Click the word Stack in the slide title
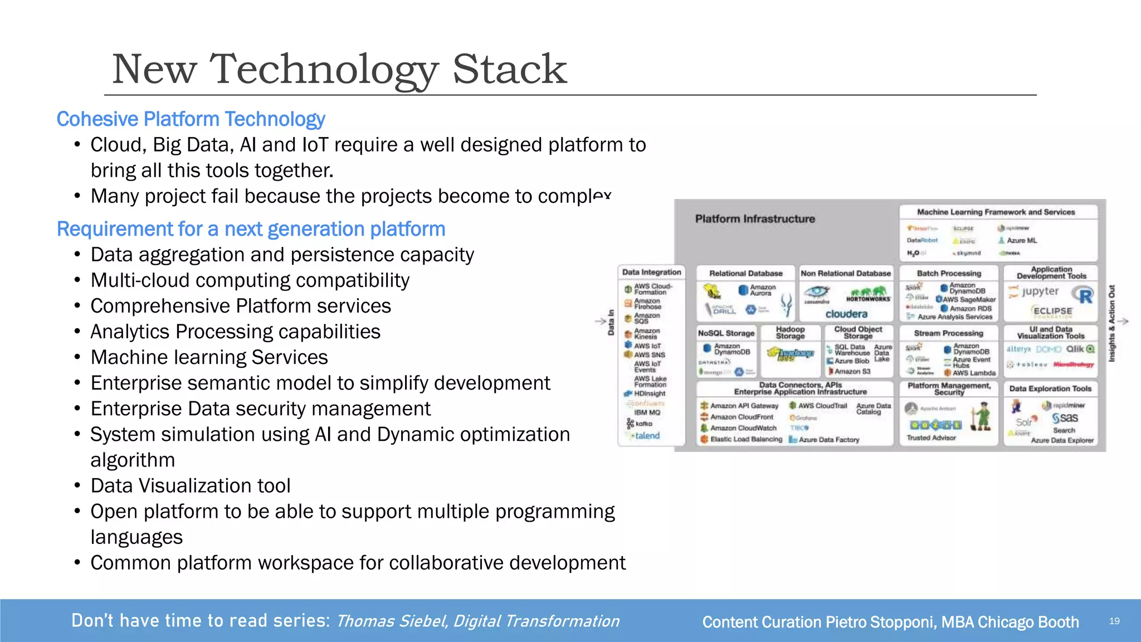(509, 69)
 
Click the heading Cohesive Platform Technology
(191, 119)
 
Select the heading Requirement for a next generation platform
(251, 229)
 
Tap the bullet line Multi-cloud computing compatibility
(250, 280)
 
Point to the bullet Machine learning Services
(209, 357)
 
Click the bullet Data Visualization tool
(190, 485)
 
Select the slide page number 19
(1114, 621)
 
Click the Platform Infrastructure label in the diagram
(754, 219)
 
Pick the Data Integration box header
(651, 272)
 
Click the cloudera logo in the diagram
(846, 314)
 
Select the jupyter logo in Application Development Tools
(1039, 291)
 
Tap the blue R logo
(1084, 295)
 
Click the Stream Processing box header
(948, 333)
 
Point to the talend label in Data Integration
(647, 436)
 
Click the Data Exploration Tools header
(1050, 388)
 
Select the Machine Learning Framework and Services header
(996, 212)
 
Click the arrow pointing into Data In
(600, 321)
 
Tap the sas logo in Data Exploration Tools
(1065, 418)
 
